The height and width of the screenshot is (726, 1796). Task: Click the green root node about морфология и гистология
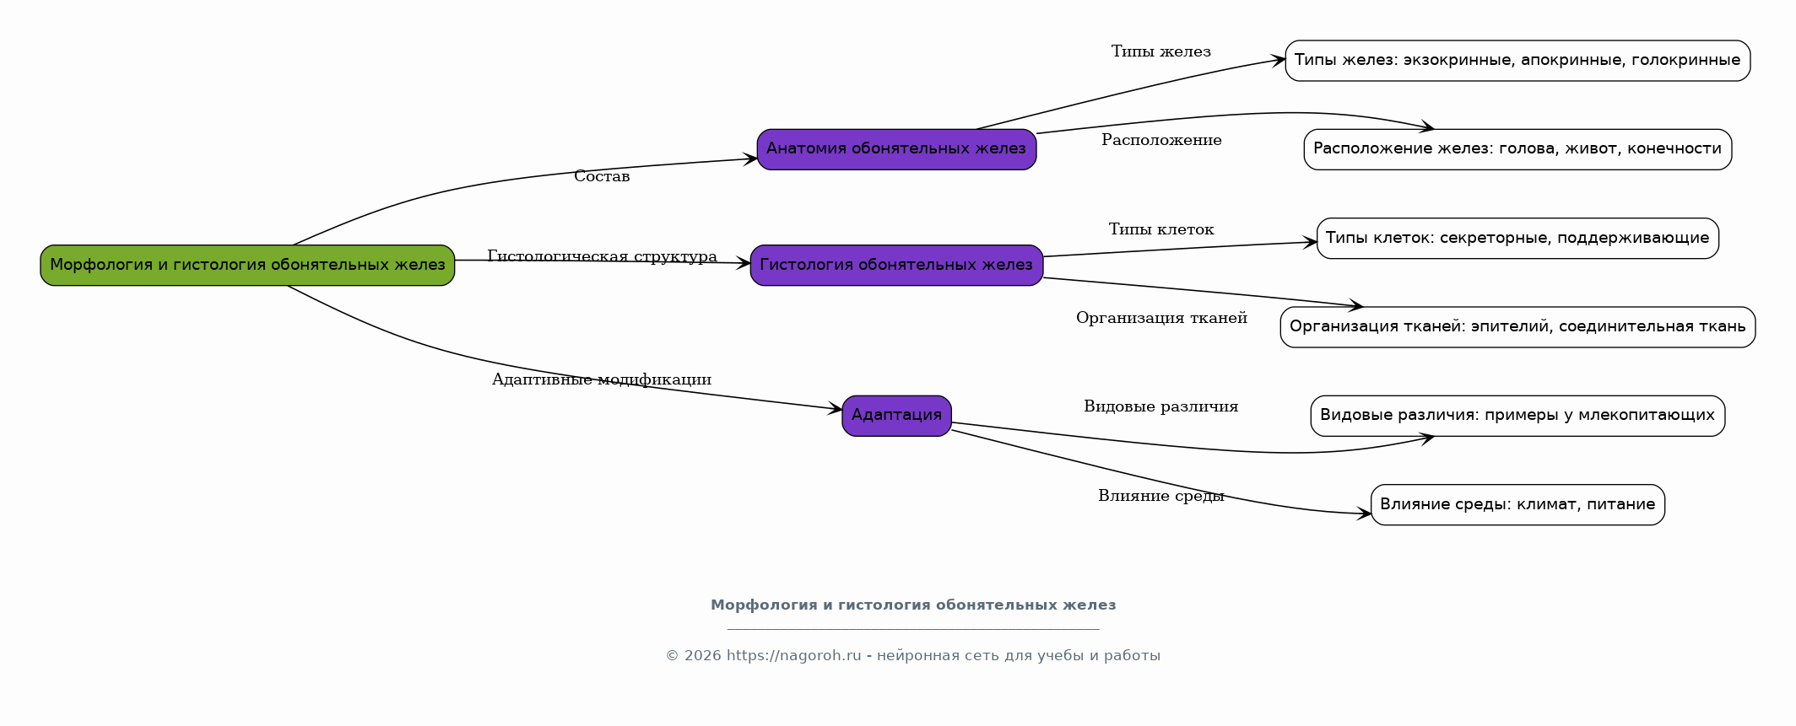(247, 266)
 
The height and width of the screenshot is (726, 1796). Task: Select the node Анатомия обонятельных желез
(896, 149)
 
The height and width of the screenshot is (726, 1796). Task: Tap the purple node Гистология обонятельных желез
(896, 266)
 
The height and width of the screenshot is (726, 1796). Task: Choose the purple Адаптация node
(896, 416)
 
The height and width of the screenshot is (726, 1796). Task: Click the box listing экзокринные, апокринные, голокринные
(1517, 61)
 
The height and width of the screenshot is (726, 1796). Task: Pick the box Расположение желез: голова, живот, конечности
(1517, 149)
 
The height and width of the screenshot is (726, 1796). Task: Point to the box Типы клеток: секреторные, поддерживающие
(1517, 239)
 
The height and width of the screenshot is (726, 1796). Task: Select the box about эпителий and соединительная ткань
(1517, 327)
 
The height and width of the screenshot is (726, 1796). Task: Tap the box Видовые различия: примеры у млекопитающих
(1517, 416)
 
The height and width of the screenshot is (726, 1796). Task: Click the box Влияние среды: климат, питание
(1517, 505)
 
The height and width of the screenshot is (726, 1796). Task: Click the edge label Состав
(602, 176)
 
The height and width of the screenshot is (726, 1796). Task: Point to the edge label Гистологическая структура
(602, 256)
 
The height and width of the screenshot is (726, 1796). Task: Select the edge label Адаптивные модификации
(602, 379)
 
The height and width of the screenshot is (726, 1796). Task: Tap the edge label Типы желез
(1161, 51)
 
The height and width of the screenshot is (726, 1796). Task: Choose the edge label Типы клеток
(1161, 229)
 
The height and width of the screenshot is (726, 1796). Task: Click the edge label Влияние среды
(1161, 496)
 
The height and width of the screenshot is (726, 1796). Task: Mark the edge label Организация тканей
(1161, 318)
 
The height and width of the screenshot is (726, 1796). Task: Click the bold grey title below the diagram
(913, 605)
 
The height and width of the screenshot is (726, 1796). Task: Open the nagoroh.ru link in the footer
(794, 656)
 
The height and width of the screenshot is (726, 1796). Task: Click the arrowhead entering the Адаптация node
(836, 410)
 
